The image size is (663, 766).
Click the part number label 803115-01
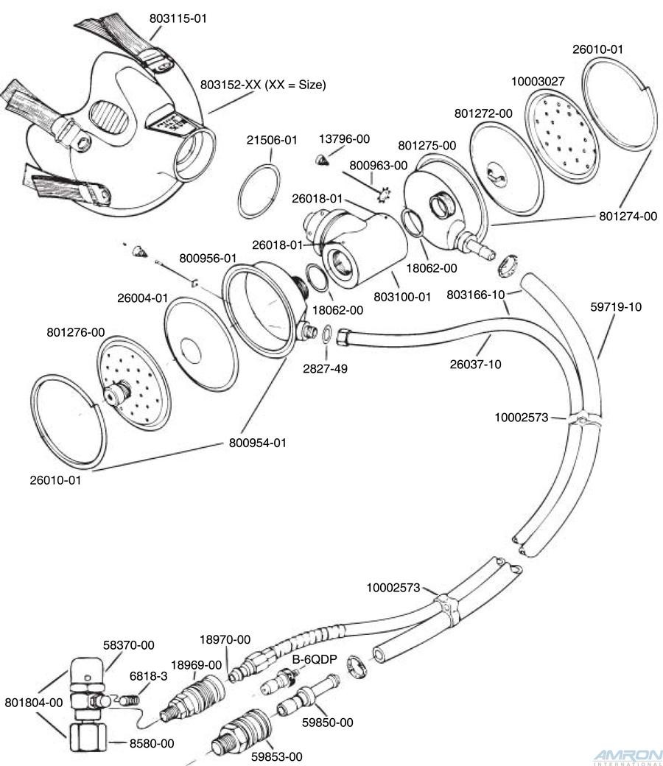click(x=178, y=18)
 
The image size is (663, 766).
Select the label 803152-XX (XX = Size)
click(x=263, y=85)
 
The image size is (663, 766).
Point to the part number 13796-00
click(x=344, y=138)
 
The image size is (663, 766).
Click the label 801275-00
click(x=427, y=146)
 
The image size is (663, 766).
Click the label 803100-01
click(x=401, y=298)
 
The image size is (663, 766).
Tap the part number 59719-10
click(x=616, y=306)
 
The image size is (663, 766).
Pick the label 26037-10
click(x=475, y=363)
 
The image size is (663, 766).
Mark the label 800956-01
click(x=208, y=259)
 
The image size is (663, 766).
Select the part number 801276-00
click(x=75, y=332)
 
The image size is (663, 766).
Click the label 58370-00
click(x=129, y=645)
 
